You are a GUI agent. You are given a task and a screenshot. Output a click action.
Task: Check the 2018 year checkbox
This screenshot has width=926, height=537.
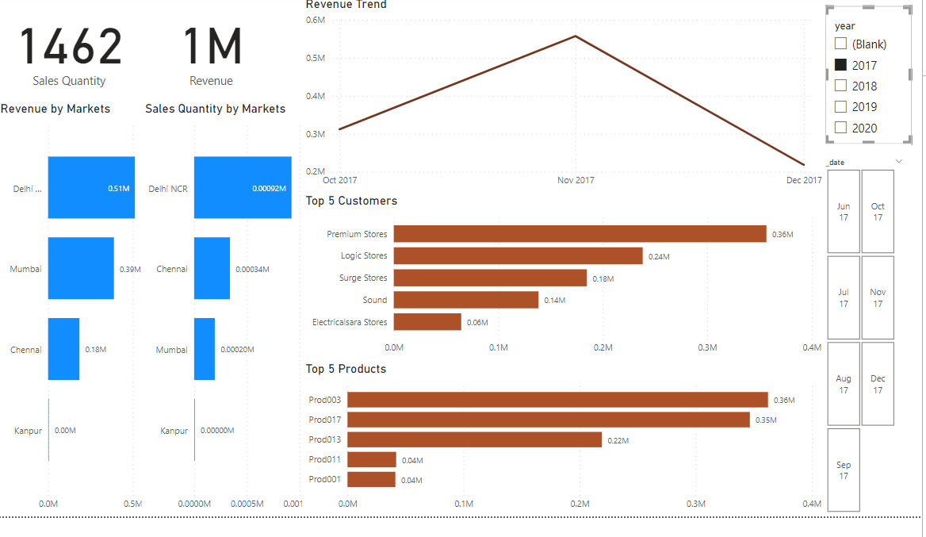pyautogui.click(x=841, y=86)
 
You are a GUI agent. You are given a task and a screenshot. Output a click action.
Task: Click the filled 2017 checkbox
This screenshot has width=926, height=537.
pyautogui.click(x=841, y=65)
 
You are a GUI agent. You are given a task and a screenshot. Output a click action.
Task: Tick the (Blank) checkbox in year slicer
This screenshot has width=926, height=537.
pyautogui.click(x=841, y=44)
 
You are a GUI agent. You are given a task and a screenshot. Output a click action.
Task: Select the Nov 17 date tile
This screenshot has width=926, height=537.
pyautogui.click(x=878, y=297)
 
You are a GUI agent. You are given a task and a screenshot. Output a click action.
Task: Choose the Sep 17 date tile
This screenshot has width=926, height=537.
pyautogui.click(x=844, y=470)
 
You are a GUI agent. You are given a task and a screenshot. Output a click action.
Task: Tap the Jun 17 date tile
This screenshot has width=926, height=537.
pyautogui.click(x=844, y=211)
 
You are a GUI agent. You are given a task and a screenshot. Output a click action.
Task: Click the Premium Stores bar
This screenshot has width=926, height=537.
pyautogui.click(x=580, y=234)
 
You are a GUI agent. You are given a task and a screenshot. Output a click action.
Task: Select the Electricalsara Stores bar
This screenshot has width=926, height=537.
pyautogui.click(x=427, y=322)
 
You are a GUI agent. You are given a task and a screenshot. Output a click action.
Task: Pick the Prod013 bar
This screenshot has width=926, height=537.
pyautogui.click(x=474, y=439)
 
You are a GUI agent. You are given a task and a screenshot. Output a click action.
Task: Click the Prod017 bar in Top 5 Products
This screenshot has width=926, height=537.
pyautogui.click(x=548, y=420)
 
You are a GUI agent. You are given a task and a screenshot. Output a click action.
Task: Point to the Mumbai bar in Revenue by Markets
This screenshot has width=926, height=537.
pyautogui.click(x=81, y=268)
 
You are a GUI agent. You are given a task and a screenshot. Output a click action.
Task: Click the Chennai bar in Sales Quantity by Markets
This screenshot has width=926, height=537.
pyautogui.click(x=212, y=268)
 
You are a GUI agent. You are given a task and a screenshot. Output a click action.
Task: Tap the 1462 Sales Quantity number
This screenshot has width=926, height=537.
pyautogui.click(x=71, y=47)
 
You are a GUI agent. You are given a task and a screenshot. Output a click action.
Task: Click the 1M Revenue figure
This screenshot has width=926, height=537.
pyautogui.click(x=212, y=47)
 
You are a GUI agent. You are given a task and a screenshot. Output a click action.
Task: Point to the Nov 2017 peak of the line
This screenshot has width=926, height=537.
pyautogui.click(x=576, y=36)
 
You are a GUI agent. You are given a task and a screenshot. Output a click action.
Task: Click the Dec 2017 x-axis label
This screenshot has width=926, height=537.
pyautogui.click(x=804, y=180)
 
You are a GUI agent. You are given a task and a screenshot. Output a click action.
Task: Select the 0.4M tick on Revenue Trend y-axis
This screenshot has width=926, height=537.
pyautogui.click(x=315, y=96)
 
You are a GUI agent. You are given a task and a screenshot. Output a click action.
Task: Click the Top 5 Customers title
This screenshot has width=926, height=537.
pyautogui.click(x=351, y=201)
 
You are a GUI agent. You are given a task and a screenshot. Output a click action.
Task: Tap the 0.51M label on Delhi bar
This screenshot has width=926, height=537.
pyautogui.click(x=119, y=189)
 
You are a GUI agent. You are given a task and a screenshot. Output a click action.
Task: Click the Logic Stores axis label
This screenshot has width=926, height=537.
pyautogui.click(x=364, y=255)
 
